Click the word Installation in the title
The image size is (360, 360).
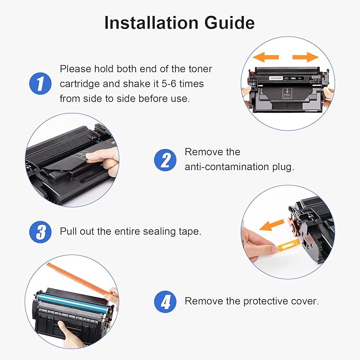[x=151, y=23]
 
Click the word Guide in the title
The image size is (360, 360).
[x=230, y=23]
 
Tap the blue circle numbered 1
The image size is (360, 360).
[x=40, y=84]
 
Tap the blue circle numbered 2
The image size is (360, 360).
[x=165, y=160]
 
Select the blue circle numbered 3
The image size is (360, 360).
[x=40, y=232]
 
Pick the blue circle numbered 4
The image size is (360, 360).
[x=165, y=302]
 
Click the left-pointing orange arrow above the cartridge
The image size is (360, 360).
[x=266, y=57]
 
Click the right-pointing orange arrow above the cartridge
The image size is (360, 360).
[x=305, y=57]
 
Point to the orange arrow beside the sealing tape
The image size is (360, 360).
[x=271, y=225]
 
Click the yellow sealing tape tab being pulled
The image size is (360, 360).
[x=288, y=245]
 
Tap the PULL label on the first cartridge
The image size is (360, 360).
[x=287, y=93]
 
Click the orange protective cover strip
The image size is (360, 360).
[x=82, y=280]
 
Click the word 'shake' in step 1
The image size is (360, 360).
[x=136, y=84]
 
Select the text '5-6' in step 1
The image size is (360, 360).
[x=169, y=84]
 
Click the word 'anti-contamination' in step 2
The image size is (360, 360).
[x=226, y=166]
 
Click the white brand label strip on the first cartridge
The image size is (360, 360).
[x=276, y=78]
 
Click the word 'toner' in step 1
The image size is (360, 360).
[x=200, y=69]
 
